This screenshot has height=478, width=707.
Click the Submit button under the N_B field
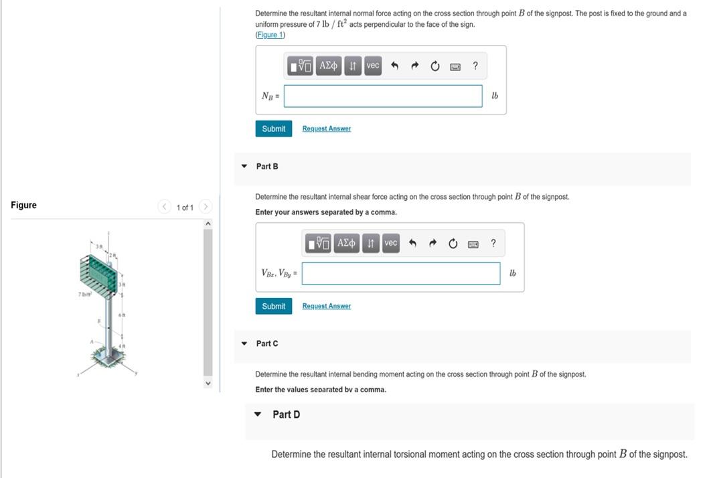273,129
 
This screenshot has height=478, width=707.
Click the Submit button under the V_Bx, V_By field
273,306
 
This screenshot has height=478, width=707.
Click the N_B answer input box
383,96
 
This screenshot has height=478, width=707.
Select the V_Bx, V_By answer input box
400,273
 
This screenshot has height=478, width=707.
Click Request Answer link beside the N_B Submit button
326,129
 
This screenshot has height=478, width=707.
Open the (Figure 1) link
270,35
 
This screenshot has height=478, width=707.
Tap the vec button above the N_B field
373,66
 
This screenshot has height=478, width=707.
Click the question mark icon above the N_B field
475,66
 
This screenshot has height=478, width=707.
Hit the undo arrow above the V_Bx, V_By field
412,243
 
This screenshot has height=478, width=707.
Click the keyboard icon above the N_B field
455,66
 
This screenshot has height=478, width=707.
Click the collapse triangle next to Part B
244,166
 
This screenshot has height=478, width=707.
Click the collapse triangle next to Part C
244,343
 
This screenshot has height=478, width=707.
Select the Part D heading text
286,414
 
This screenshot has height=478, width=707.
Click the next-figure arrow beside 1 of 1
206,207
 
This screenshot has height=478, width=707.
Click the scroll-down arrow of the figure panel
208,384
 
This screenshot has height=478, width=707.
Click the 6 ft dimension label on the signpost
122,315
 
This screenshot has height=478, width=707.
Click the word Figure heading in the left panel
23,205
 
